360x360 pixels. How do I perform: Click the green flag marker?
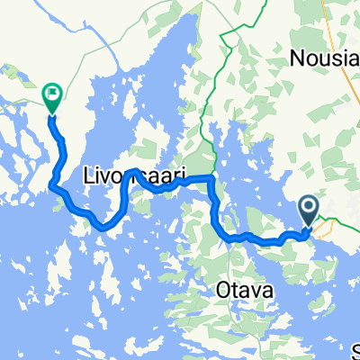52,94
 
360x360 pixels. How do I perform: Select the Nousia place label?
325,59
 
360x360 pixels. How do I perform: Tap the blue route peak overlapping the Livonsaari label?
131,170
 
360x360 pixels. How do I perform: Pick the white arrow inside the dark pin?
308,209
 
